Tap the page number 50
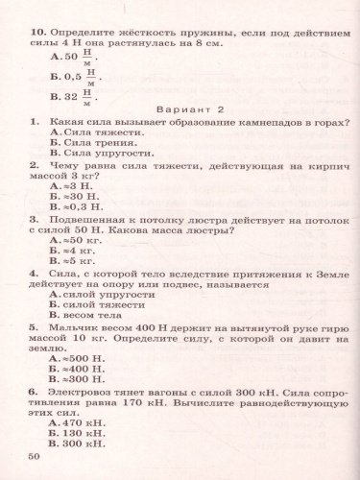(36, 455)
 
